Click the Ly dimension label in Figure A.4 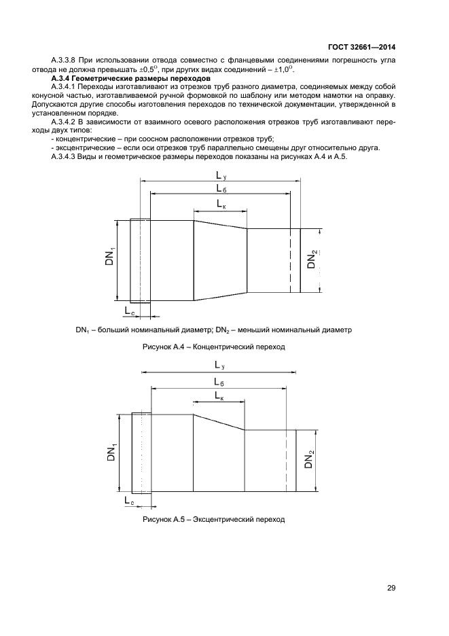[221, 175]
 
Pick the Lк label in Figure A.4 [221, 203]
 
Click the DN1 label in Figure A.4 [110, 256]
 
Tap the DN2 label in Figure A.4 [312, 260]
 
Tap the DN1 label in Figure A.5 [111, 452]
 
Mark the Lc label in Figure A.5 [129, 500]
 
